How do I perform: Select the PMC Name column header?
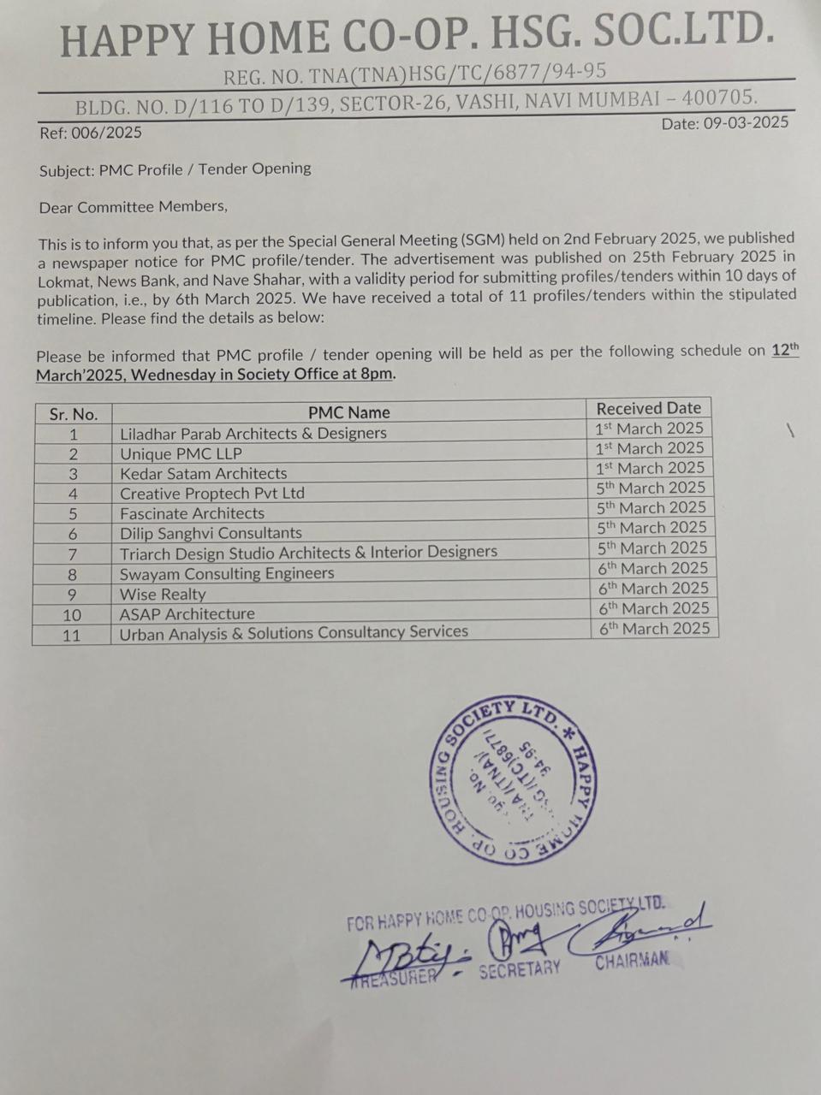[348, 412]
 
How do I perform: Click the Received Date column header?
[648, 408]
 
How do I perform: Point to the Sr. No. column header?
[74, 414]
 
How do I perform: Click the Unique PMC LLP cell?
[181, 453]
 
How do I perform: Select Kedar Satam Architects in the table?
[203, 473]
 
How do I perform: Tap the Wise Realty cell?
[163, 594]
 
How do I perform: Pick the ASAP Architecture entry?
[187, 613]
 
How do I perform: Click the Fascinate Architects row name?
[192, 513]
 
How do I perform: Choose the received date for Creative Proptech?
[651, 488]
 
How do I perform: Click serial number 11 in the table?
[72, 635]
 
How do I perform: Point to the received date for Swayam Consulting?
[653, 568]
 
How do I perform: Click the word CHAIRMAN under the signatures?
[632, 962]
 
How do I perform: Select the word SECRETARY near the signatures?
[519, 969]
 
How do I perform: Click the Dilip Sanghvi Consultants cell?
[211, 533]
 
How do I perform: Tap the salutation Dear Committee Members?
[134, 207]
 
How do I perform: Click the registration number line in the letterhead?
[414, 75]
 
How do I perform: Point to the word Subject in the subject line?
[67, 170]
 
